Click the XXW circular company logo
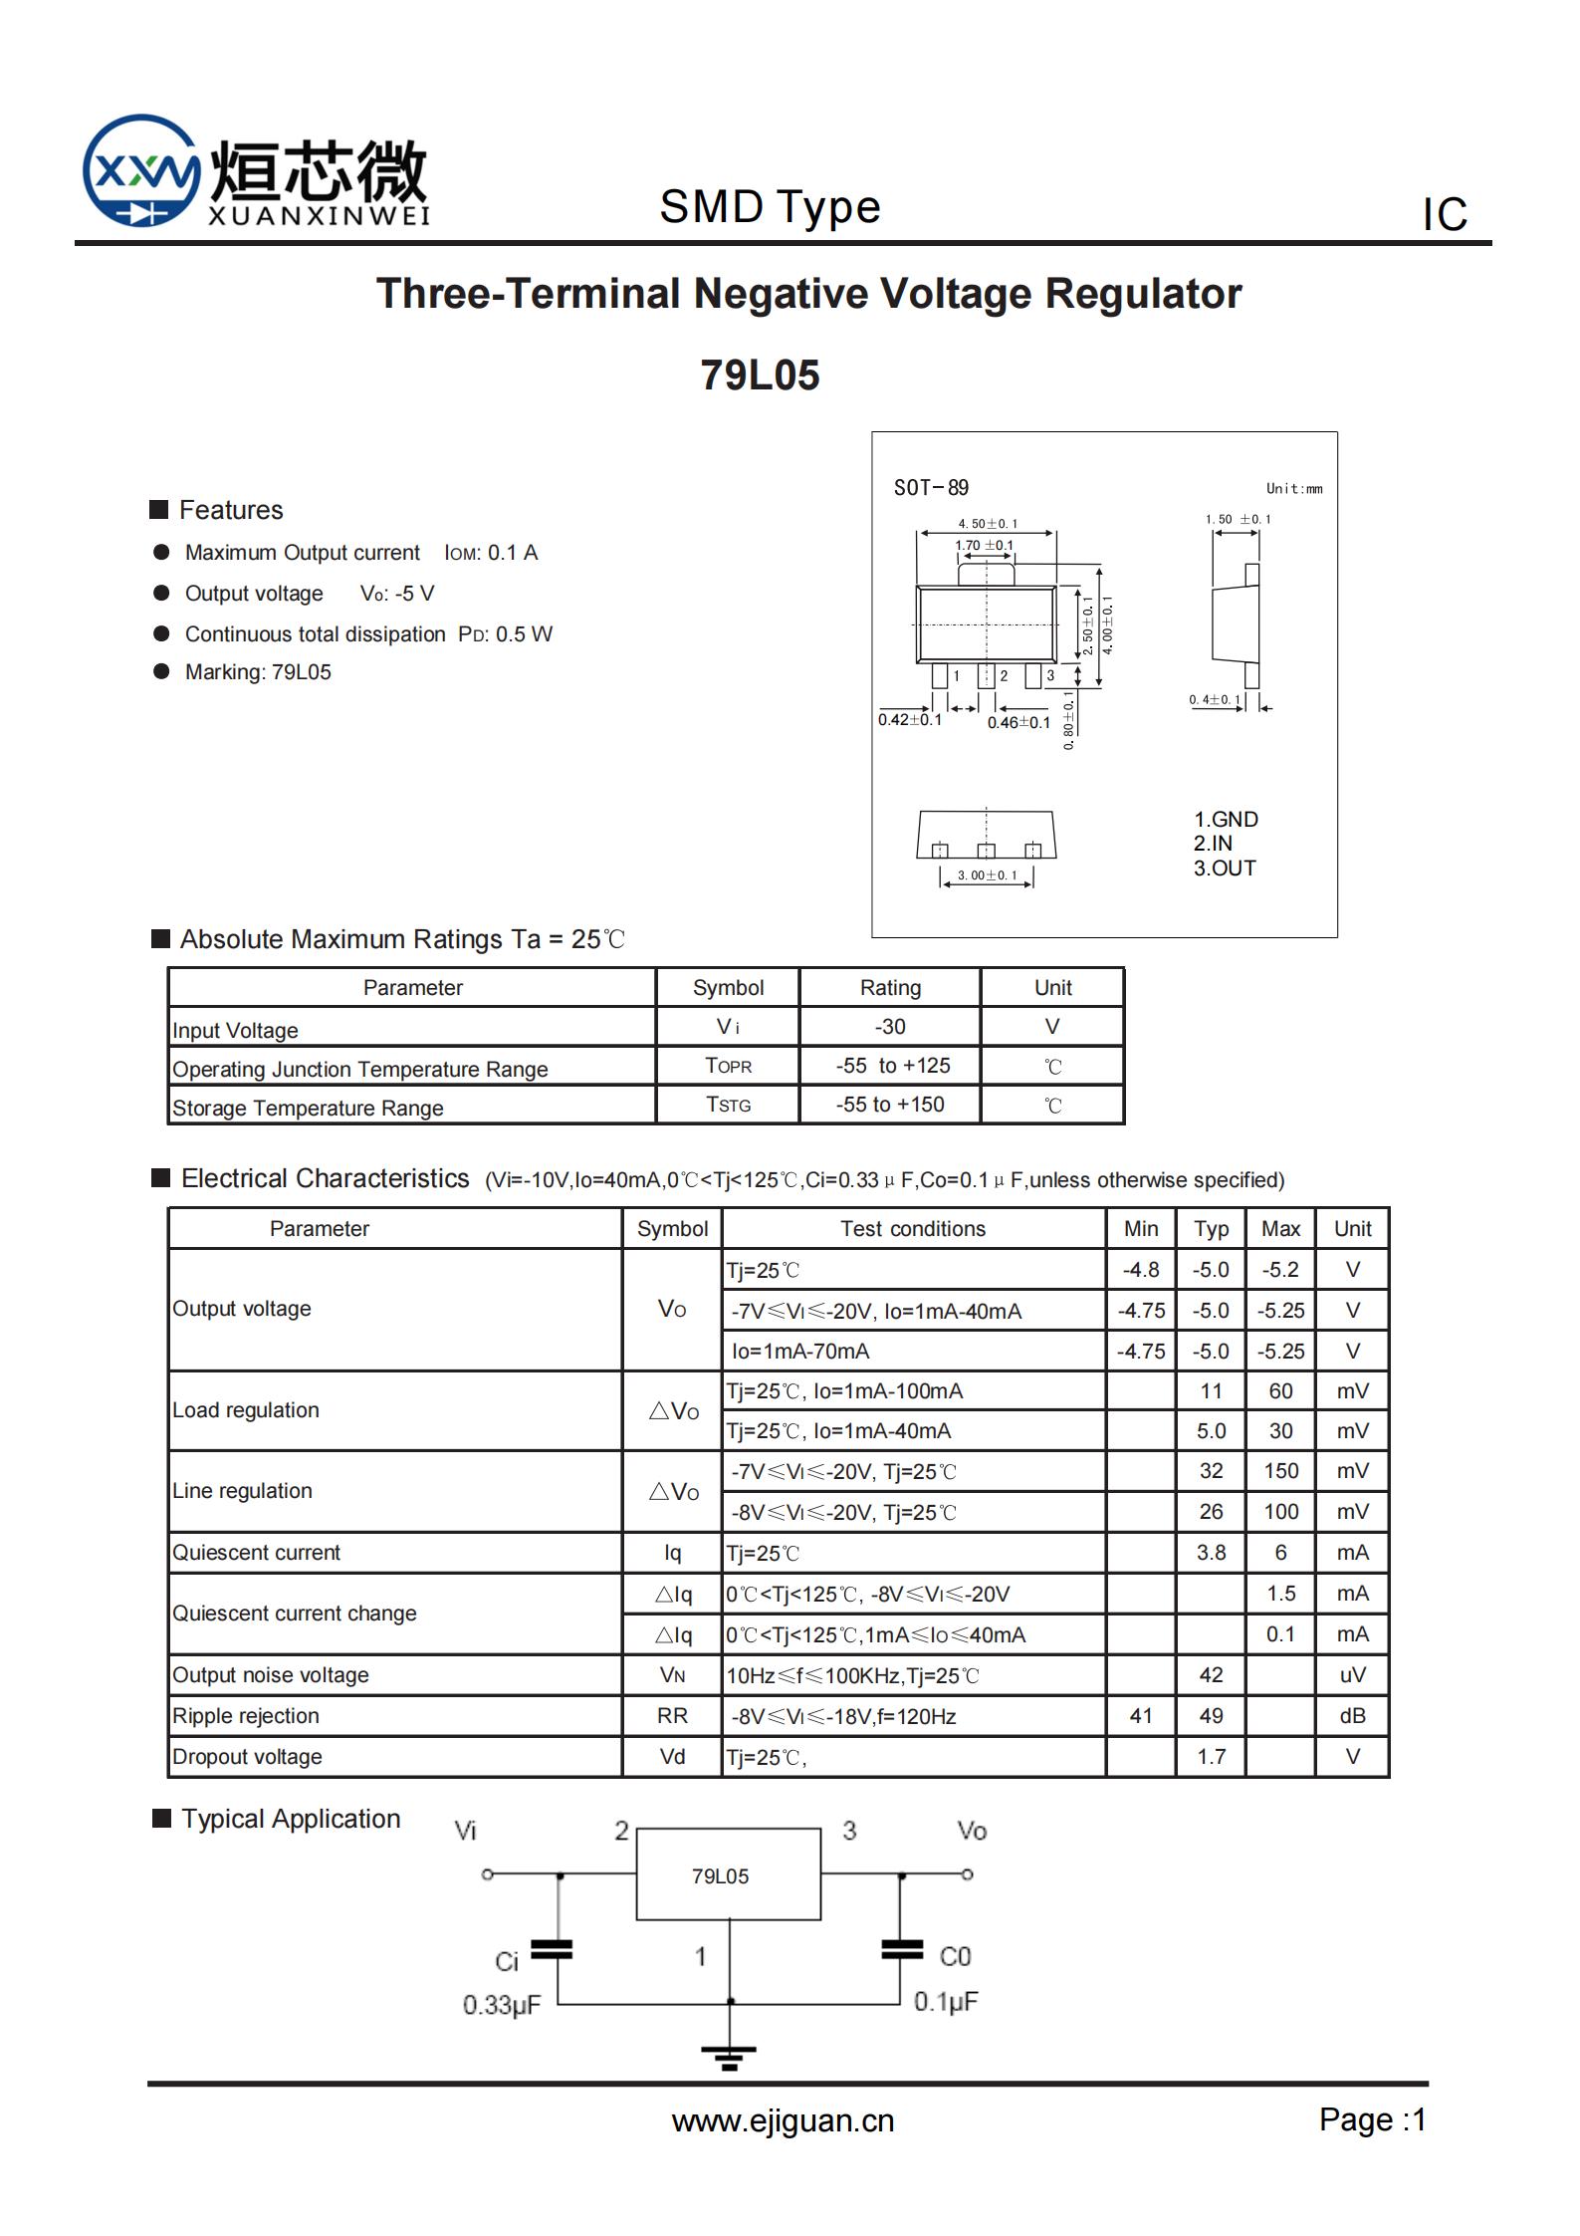[140, 170]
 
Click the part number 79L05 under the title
[760, 375]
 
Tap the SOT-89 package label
[931, 487]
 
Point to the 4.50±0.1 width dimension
[988, 523]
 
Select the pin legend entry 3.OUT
[1225, 868]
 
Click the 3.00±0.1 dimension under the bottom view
[987, 875]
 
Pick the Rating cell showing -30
[889, 1027]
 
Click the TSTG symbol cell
[728, 1105]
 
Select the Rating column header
[890, 987]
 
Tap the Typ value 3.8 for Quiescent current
[1211, 1552]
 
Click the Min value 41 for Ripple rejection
[1140, 1715]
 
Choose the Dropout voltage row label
[247, 1756]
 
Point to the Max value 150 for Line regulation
[1280, 1470]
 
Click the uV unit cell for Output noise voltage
[1352, 1674]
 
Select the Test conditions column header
[912, 1228]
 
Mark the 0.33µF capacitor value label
[501, 2004]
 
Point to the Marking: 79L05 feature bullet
[258, 672]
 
